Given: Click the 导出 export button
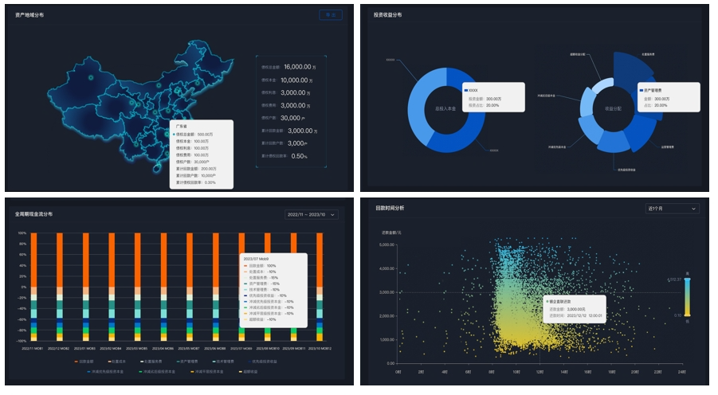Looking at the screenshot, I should coord(330,14).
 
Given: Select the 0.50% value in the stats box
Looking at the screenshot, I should coord(299,156).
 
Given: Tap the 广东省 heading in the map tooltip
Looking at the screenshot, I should coord(182,127).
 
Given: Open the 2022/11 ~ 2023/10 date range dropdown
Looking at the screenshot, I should coord(312,214).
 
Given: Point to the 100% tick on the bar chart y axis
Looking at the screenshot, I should coord(22,233).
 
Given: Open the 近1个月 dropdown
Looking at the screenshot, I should coord(672,209).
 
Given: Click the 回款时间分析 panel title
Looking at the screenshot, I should coord(390,208).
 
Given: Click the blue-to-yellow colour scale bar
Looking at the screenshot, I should coord(687,297).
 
